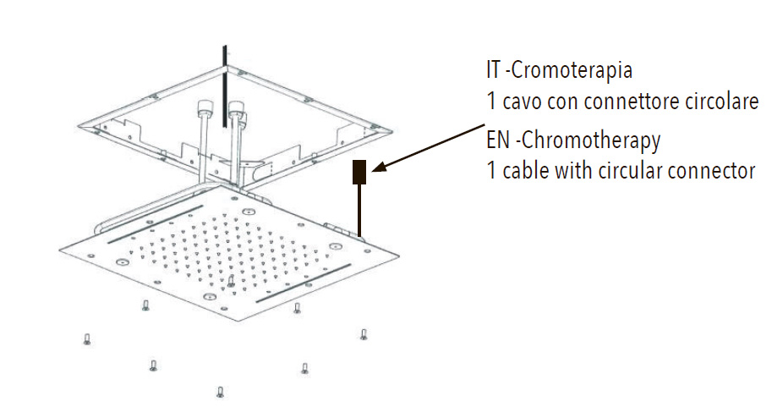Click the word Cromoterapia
[572, 70]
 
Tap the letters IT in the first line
[493, 69]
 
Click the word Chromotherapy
[591, 141]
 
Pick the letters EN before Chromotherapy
[498, 140]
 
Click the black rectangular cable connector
[359, 172]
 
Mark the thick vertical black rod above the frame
[225, 86]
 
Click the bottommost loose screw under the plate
[220, 392]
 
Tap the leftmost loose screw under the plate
[86, 339]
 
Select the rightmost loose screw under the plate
[364, 335]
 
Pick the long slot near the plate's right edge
[304, 283]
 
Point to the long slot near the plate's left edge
[155, 224]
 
